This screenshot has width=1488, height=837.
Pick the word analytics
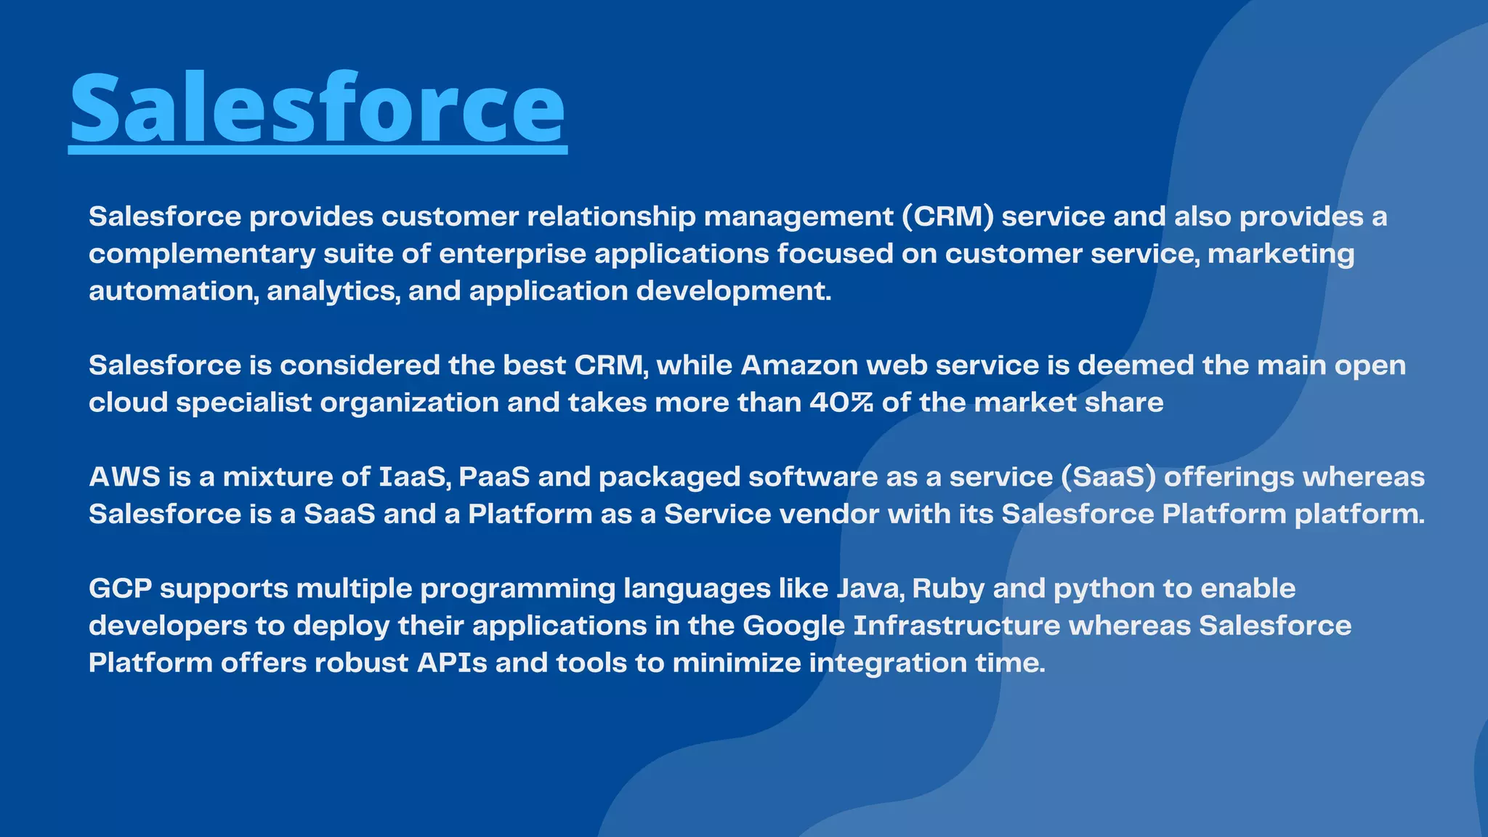(x=333, y=291)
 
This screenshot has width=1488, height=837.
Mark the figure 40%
(x=841, y=403)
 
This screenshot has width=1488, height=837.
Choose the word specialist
(x=243, y=403)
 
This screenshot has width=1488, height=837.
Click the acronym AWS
(x=124, y=477)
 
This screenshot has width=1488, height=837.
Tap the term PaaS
(x=494, y=477)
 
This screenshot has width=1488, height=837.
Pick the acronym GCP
(x=120, y=589)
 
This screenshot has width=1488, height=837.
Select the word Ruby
(x=948, y=589)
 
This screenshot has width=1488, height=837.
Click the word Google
(x=793, y=626)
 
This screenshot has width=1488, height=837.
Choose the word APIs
(x=452, y=663)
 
